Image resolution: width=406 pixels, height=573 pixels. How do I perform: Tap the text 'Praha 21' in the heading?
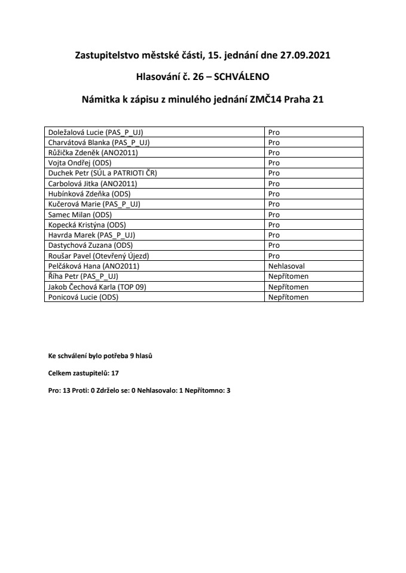[305, 100]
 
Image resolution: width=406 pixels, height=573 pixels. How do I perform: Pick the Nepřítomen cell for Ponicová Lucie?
[288, 296]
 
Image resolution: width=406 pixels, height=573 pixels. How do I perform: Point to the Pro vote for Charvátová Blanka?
[274, 142]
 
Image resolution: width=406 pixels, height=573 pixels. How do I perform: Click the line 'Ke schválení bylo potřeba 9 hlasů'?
[100, 356]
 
